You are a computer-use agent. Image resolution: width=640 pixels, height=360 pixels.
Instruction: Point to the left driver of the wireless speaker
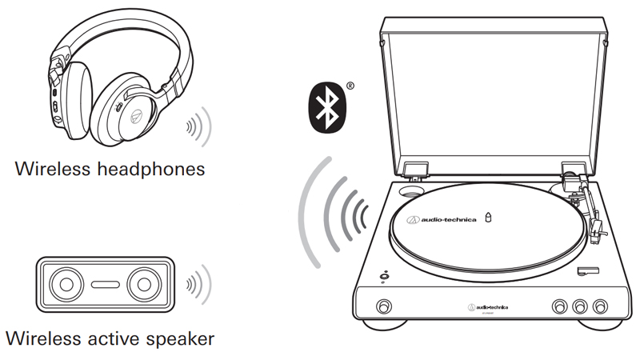(x=63, y=284)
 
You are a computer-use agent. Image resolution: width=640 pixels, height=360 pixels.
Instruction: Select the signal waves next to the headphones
(x=197, y=126)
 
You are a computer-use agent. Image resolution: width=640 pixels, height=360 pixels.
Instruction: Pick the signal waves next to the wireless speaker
(x=197, y=284)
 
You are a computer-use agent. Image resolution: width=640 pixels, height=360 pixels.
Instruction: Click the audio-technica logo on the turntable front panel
(x=488, y=307)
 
